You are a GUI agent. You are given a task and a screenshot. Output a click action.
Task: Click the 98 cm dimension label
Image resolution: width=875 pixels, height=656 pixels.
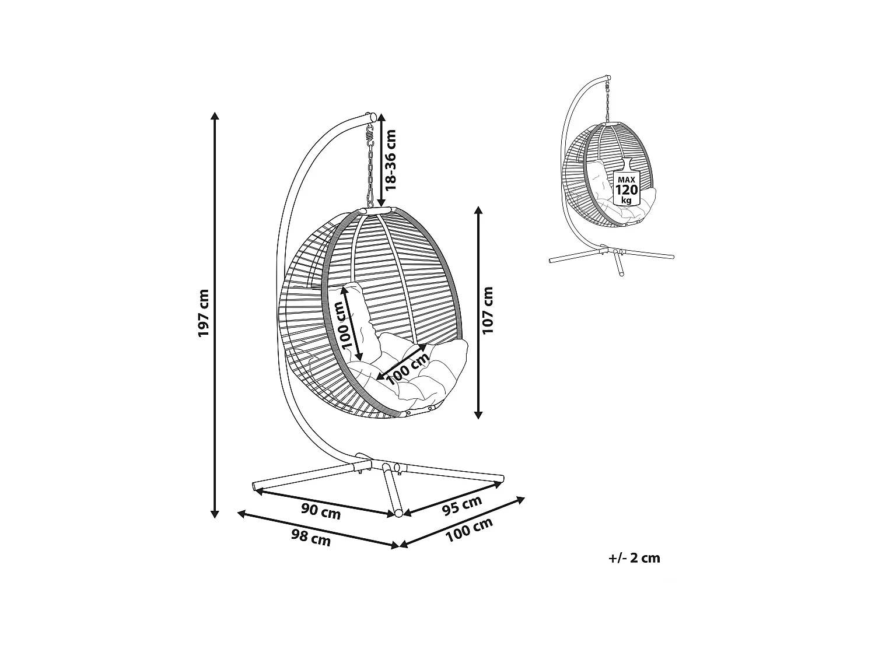(x=310, y=539)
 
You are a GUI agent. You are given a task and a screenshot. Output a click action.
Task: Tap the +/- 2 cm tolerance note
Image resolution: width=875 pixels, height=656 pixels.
(x=634, y=558)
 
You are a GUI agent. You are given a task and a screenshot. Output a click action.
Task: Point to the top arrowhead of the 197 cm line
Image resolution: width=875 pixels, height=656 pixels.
(x=215, y=115)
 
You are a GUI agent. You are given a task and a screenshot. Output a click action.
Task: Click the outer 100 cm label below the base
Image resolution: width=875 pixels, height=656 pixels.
(x=468, y=530)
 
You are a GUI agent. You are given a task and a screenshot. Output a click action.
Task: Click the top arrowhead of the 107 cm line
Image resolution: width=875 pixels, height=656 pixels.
(x=478, y=210)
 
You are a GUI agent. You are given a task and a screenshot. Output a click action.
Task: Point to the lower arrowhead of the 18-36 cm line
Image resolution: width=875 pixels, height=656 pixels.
(x=381, y=202)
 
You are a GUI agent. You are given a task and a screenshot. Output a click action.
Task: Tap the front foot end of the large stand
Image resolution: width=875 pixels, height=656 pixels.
(x=398, y=513)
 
